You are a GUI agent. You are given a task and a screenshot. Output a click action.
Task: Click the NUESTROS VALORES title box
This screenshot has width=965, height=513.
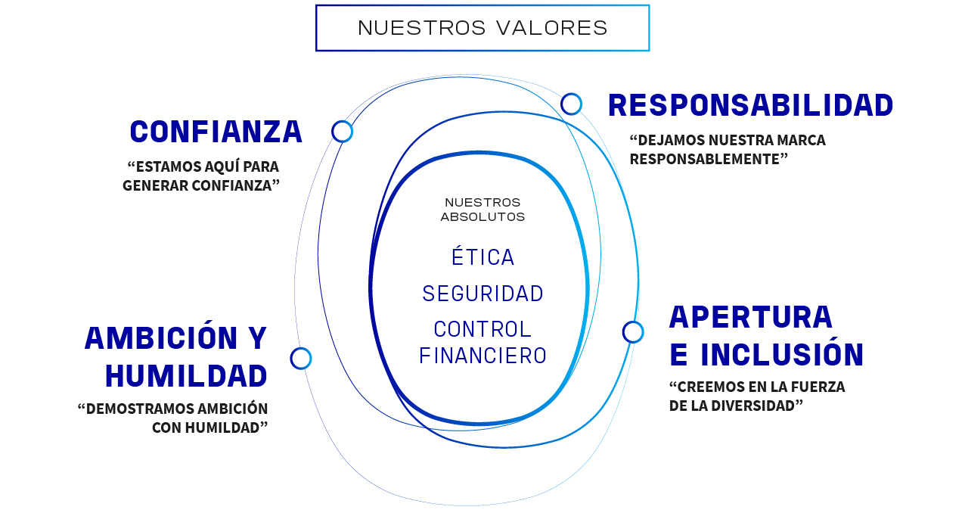(x=482, y=28)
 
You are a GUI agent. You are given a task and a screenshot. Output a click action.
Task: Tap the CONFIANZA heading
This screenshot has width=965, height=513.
(x=216, y=132)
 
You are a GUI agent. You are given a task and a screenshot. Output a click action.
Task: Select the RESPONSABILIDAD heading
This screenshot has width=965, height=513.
(x=750, y=105)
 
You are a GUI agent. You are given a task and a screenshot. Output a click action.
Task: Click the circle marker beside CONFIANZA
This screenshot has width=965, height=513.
(x=343, y=132)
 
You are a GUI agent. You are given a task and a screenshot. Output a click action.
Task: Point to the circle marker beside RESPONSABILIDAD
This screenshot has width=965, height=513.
(x=571, y=104)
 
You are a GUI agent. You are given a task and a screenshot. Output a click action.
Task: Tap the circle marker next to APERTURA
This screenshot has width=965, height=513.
(x=633, y=331)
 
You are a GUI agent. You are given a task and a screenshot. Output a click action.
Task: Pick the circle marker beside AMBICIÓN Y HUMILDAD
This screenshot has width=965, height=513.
(x=301, y=359)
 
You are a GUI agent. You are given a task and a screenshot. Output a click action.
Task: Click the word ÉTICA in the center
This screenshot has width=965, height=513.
(x=482, y=257)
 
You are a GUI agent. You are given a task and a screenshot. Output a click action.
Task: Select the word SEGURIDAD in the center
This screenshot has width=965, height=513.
(x=482, y=294)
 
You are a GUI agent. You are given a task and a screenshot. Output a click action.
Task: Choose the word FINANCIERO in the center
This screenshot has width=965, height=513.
(x=482, y=356)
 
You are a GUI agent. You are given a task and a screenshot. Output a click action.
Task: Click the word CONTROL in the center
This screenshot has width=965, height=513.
(x=482, y=330)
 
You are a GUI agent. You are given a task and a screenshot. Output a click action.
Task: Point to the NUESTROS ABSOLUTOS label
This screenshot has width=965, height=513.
(x=482, y=210)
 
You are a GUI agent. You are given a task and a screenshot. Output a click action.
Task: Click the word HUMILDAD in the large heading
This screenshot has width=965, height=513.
(x=186, y=376)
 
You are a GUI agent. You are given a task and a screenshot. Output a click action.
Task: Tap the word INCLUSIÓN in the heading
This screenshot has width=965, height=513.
(x=782, y=355)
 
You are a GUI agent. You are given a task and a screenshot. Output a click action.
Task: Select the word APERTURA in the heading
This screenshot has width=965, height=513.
(x=750, y=317)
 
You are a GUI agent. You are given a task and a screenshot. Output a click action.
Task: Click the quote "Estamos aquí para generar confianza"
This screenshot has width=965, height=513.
(x=201, y=176)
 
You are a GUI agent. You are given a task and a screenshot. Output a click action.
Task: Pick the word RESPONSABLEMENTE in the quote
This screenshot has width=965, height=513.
(x=709, y=159)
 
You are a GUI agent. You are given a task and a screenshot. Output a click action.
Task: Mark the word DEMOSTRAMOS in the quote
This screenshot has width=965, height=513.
(x=140, y=409)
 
